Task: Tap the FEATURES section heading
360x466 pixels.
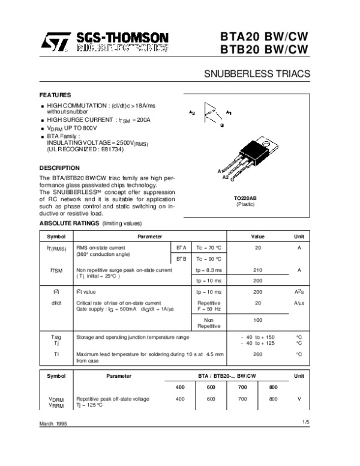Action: (x=55, y=95)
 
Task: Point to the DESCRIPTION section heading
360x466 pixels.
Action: (x=59, y=168)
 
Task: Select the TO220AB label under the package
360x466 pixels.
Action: (x=245, y=198)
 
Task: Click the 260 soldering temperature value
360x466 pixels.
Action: (x=258, y=354)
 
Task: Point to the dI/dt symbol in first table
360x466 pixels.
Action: (x=56, y=303)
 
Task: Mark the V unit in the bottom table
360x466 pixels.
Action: (x=298, y=399)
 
